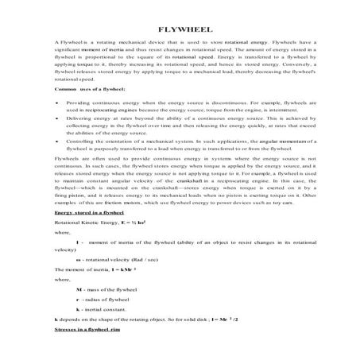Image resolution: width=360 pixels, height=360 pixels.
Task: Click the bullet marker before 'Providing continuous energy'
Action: tap(58, 126)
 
